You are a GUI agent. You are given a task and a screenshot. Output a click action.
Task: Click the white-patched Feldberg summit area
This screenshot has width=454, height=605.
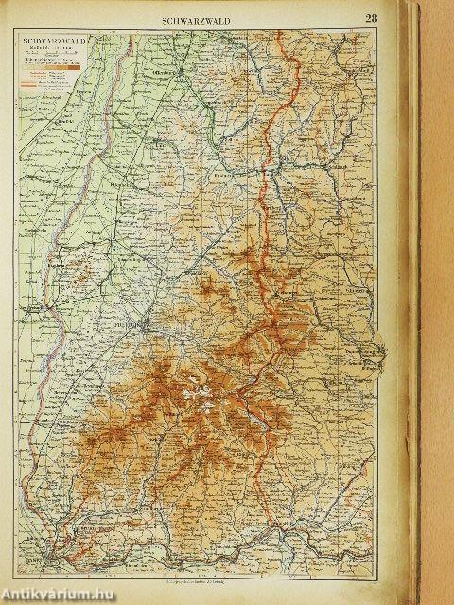coord(194,388)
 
